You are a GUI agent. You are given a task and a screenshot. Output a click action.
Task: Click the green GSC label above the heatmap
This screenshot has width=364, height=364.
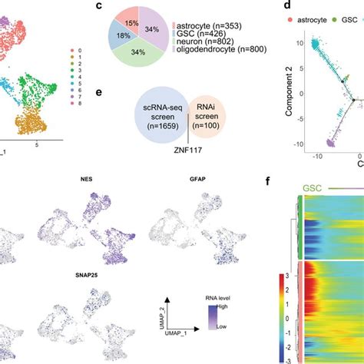point(313,186)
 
